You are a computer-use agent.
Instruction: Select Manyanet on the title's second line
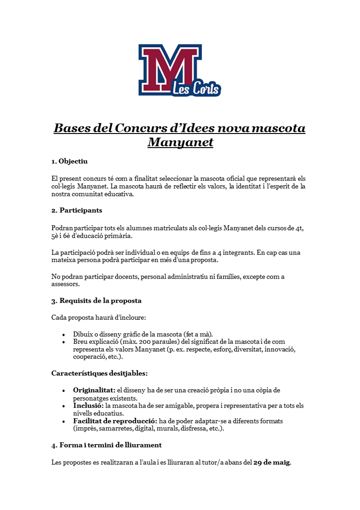[x=180, y=143]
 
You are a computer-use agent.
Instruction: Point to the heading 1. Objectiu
[x=69, y=161]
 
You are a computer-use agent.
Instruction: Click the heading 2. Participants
[x=77, y=210]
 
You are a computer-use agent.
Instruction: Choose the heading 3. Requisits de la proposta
[x=96, y=301]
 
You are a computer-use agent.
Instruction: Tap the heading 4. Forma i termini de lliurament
[x=106, y=445]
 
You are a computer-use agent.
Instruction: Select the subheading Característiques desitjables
[x=99, y=373]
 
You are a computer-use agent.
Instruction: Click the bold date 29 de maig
[x=271, y=463]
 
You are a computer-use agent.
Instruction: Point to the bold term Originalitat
[x=94, y=390]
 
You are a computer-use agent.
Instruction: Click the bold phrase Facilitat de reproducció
[x=115, y=421]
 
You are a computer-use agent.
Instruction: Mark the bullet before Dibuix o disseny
[x=64, y=334]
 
